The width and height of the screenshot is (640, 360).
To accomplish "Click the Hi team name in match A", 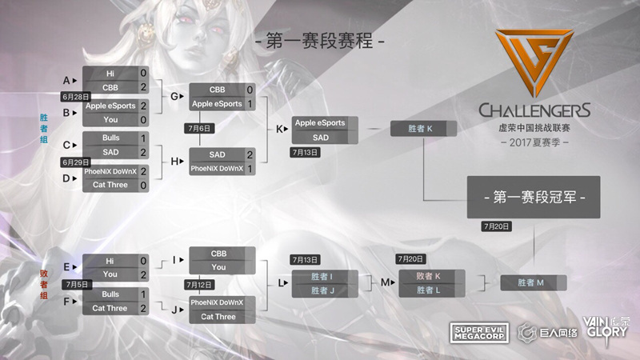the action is pos(110,74).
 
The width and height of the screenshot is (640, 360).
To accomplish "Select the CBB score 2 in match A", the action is pos(143,87).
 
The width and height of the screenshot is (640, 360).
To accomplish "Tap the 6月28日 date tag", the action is pos(76,97).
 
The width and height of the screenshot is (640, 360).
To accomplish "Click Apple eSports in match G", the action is pos(217,104).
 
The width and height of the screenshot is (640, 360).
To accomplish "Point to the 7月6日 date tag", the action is pos(199,128).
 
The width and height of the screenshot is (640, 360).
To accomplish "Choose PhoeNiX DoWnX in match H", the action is pos(217,169).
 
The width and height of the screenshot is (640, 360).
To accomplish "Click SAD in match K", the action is pos(321,138).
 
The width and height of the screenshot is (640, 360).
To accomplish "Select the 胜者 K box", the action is pos(423,129).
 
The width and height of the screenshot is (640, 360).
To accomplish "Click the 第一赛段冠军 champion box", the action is pos(534,197).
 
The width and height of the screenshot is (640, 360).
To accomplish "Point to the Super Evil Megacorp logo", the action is pos(479,333).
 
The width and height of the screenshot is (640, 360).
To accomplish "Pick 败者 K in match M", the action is pos(428,276).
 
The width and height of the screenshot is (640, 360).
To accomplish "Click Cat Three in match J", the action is pos(218,316).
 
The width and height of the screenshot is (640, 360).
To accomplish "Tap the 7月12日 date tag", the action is pos(199,285).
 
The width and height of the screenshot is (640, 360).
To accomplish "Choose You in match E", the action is pos(110,274).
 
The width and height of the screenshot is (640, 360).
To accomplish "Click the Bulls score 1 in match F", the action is pos(143,294).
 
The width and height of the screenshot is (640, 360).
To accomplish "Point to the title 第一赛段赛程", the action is pos(319,41).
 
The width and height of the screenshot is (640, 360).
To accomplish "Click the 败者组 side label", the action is pos(44,285).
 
